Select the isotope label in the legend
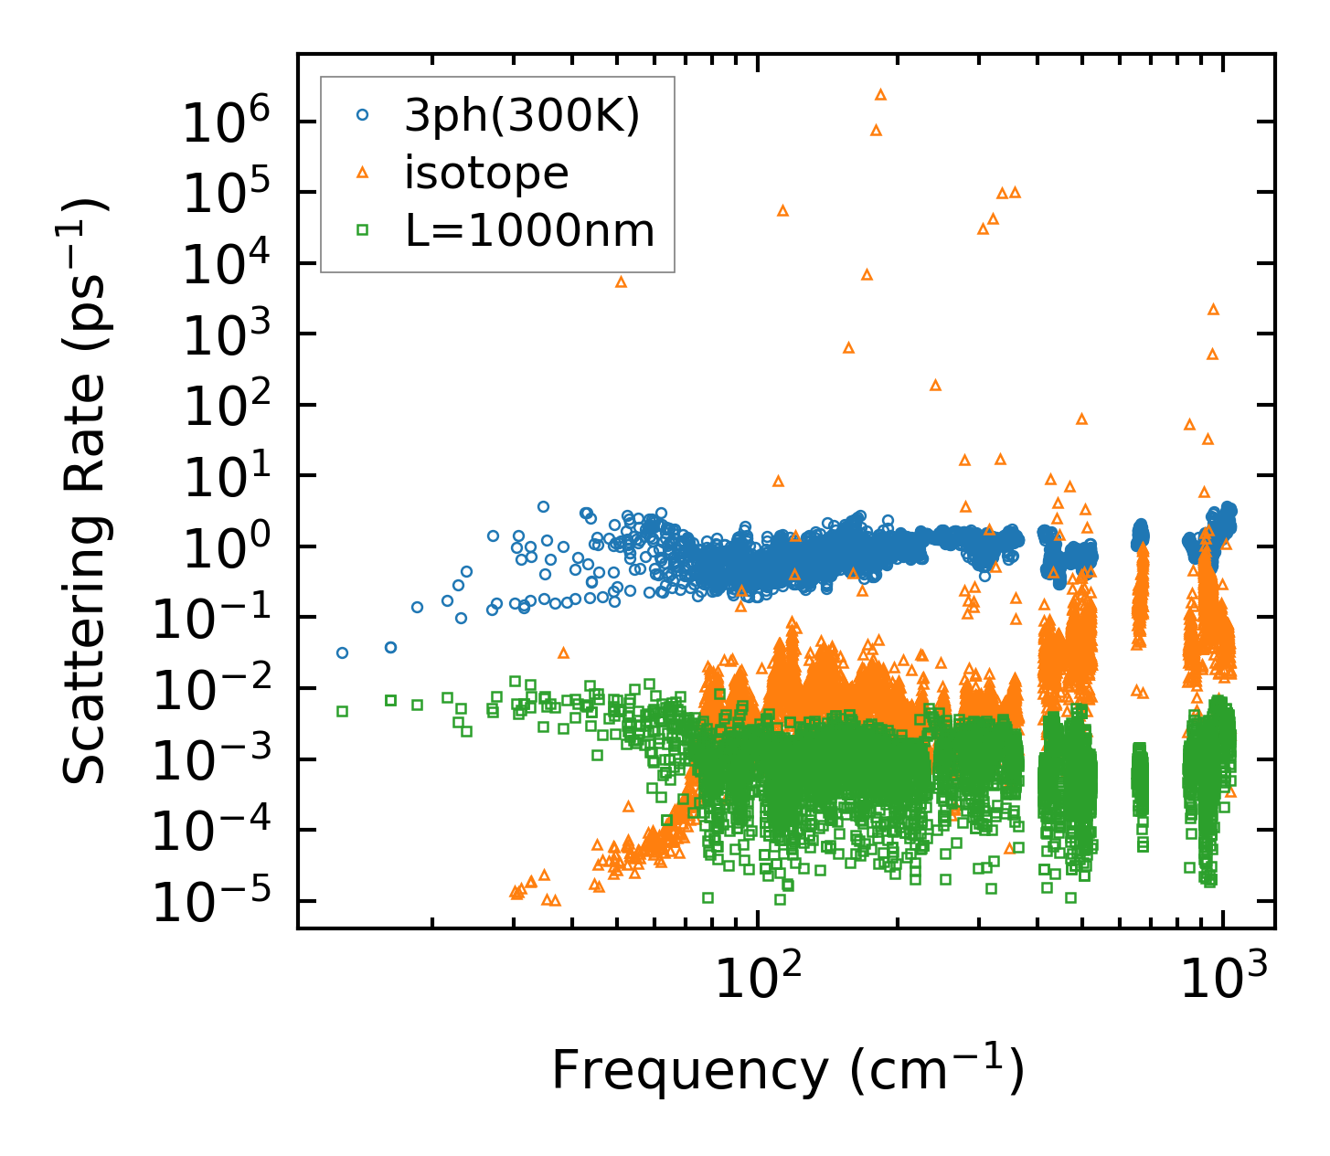(486, 173)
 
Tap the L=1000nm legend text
(530, 231)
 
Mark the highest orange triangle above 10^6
(880, 94)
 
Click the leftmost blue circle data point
(342, 652)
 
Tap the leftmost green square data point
(342, 711)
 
